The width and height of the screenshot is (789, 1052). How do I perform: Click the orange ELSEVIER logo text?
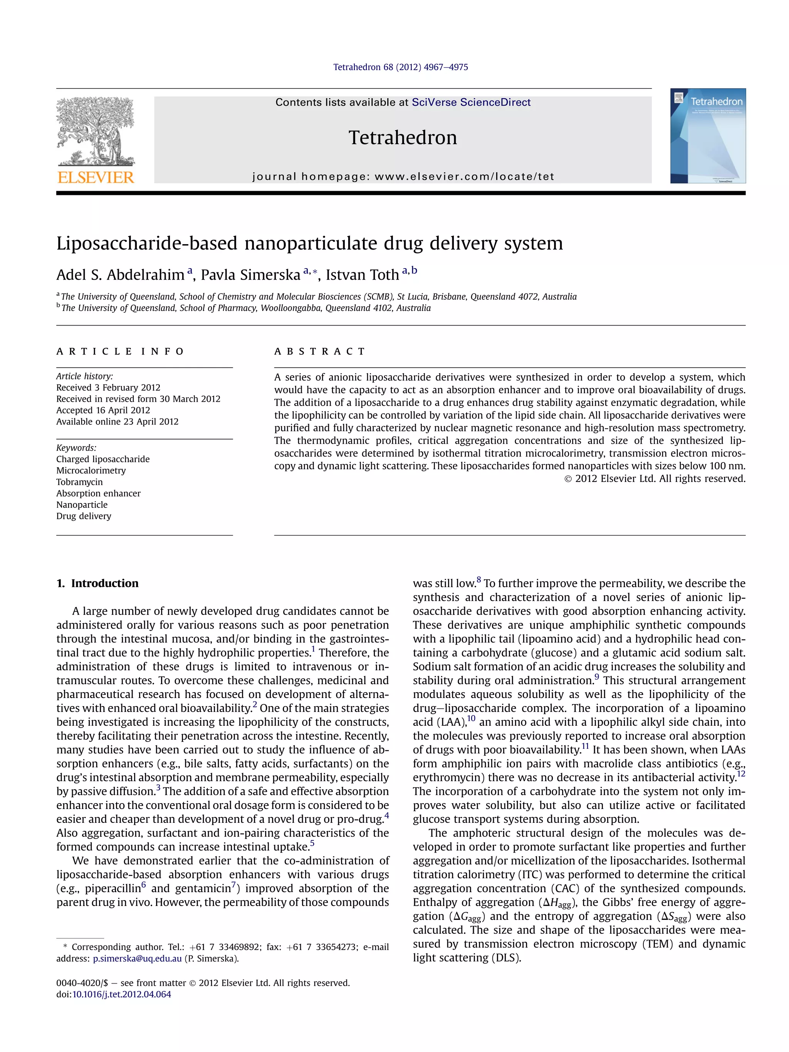96,178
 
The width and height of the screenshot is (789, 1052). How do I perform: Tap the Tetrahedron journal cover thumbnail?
707,136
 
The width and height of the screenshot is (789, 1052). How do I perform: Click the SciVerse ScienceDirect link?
471,102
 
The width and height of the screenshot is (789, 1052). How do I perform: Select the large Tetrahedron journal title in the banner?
402,138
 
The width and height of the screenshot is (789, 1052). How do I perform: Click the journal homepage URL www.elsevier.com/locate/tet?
464,176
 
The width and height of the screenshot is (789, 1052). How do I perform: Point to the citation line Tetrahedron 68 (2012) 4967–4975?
400,67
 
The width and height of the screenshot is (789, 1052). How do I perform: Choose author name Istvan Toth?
362,275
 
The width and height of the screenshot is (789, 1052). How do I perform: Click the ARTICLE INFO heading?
120,351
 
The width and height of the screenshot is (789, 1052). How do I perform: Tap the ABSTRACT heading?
320,351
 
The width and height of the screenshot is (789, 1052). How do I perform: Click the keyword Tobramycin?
79,482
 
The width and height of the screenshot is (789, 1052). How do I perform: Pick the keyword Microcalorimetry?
91,470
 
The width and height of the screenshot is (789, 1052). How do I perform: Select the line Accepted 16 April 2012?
103,410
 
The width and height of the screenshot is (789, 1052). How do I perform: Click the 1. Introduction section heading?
97,583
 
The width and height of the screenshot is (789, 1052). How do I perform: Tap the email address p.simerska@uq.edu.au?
137,958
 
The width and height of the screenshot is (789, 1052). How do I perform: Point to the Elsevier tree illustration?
96,131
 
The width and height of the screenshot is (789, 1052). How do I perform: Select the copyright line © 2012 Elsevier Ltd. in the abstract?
655,478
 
